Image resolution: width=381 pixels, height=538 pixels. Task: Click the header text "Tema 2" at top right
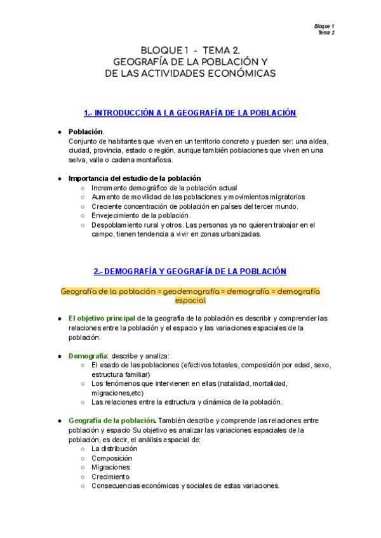click(x=326, y=32)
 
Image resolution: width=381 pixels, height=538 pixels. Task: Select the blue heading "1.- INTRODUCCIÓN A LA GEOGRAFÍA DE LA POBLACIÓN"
click(x=190, y=113)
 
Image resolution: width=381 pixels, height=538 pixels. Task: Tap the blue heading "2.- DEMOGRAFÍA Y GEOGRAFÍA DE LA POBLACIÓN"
click(x=190, y=272)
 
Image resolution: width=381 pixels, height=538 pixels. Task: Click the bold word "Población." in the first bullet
click(x=86, y=131)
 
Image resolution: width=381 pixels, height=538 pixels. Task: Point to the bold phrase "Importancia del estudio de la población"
click(x=135, y=178)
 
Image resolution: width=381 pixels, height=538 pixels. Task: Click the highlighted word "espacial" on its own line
click(x=190, y=300)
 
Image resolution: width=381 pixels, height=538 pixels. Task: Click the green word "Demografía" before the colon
click(x=87, y=356)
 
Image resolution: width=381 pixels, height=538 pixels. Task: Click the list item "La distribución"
click(x=114, y=449)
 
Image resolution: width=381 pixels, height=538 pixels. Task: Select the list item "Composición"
click(x=112, y=458)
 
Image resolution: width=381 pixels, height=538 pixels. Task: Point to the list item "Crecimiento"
click(x=110, y=476)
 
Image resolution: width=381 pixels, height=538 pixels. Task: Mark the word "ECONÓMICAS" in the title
click(x=245, y=74)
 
